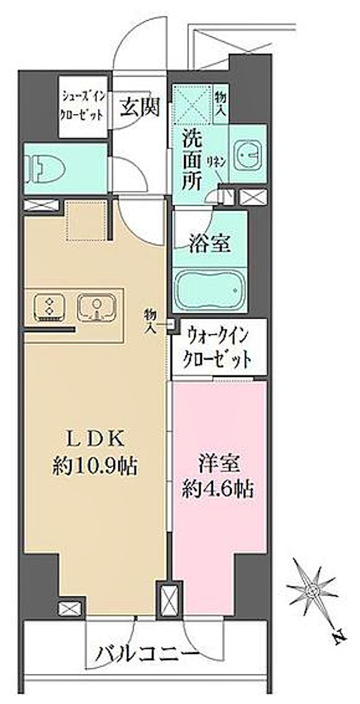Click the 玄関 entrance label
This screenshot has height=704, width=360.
pyautogui.click(x=140, y=108)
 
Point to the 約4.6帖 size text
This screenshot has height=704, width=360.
pyautogui.click(x=218, y=490)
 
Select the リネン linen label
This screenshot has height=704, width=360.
pyautogui.click(x=217, y=162)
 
